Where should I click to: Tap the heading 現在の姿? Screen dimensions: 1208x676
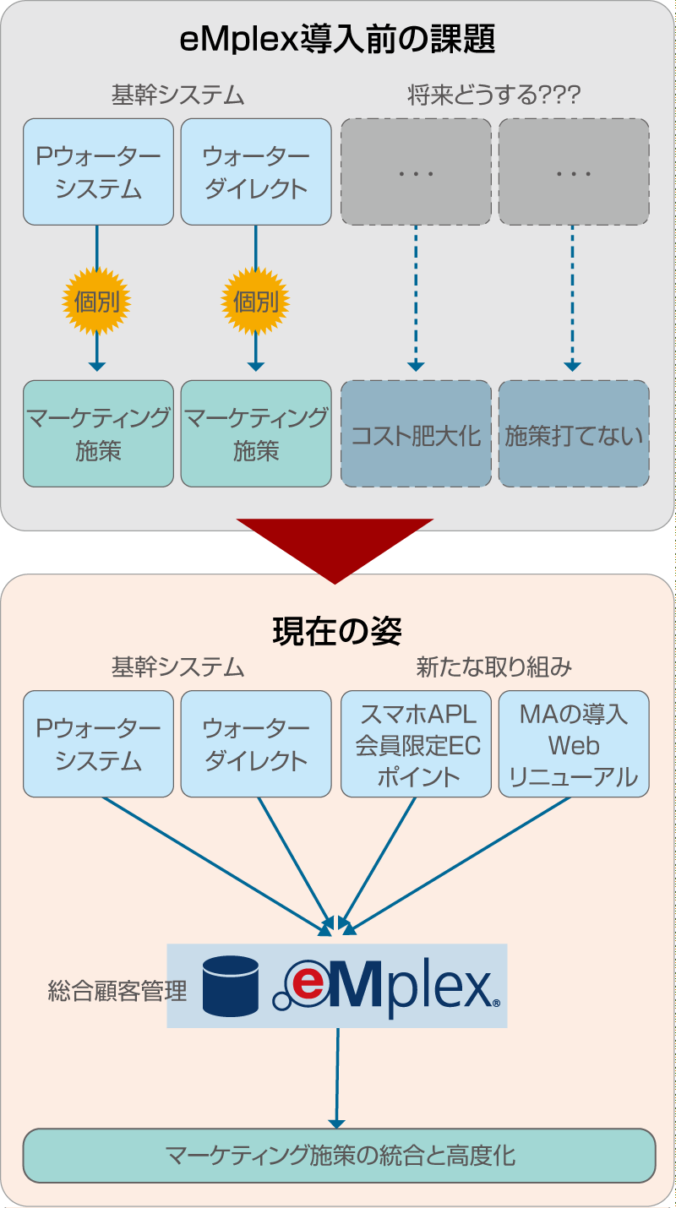pos(337,630)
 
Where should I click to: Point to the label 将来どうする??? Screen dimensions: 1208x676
pos(494,95)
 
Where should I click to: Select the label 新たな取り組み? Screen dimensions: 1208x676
pos(494,667)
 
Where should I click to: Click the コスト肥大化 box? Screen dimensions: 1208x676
pos(416,434)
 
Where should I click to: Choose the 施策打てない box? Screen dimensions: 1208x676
pos(574,434)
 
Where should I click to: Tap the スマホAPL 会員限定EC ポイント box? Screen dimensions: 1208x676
pos(416,744)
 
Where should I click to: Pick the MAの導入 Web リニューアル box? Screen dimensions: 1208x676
pos(574,744)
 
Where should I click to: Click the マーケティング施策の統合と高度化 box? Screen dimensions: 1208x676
pos(339,1155)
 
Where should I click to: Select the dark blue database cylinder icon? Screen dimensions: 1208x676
pos(231,986)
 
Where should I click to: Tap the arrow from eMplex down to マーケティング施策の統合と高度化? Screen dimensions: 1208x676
pos(337,1078)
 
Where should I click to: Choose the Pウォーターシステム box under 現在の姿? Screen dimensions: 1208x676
pos(98,744)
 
